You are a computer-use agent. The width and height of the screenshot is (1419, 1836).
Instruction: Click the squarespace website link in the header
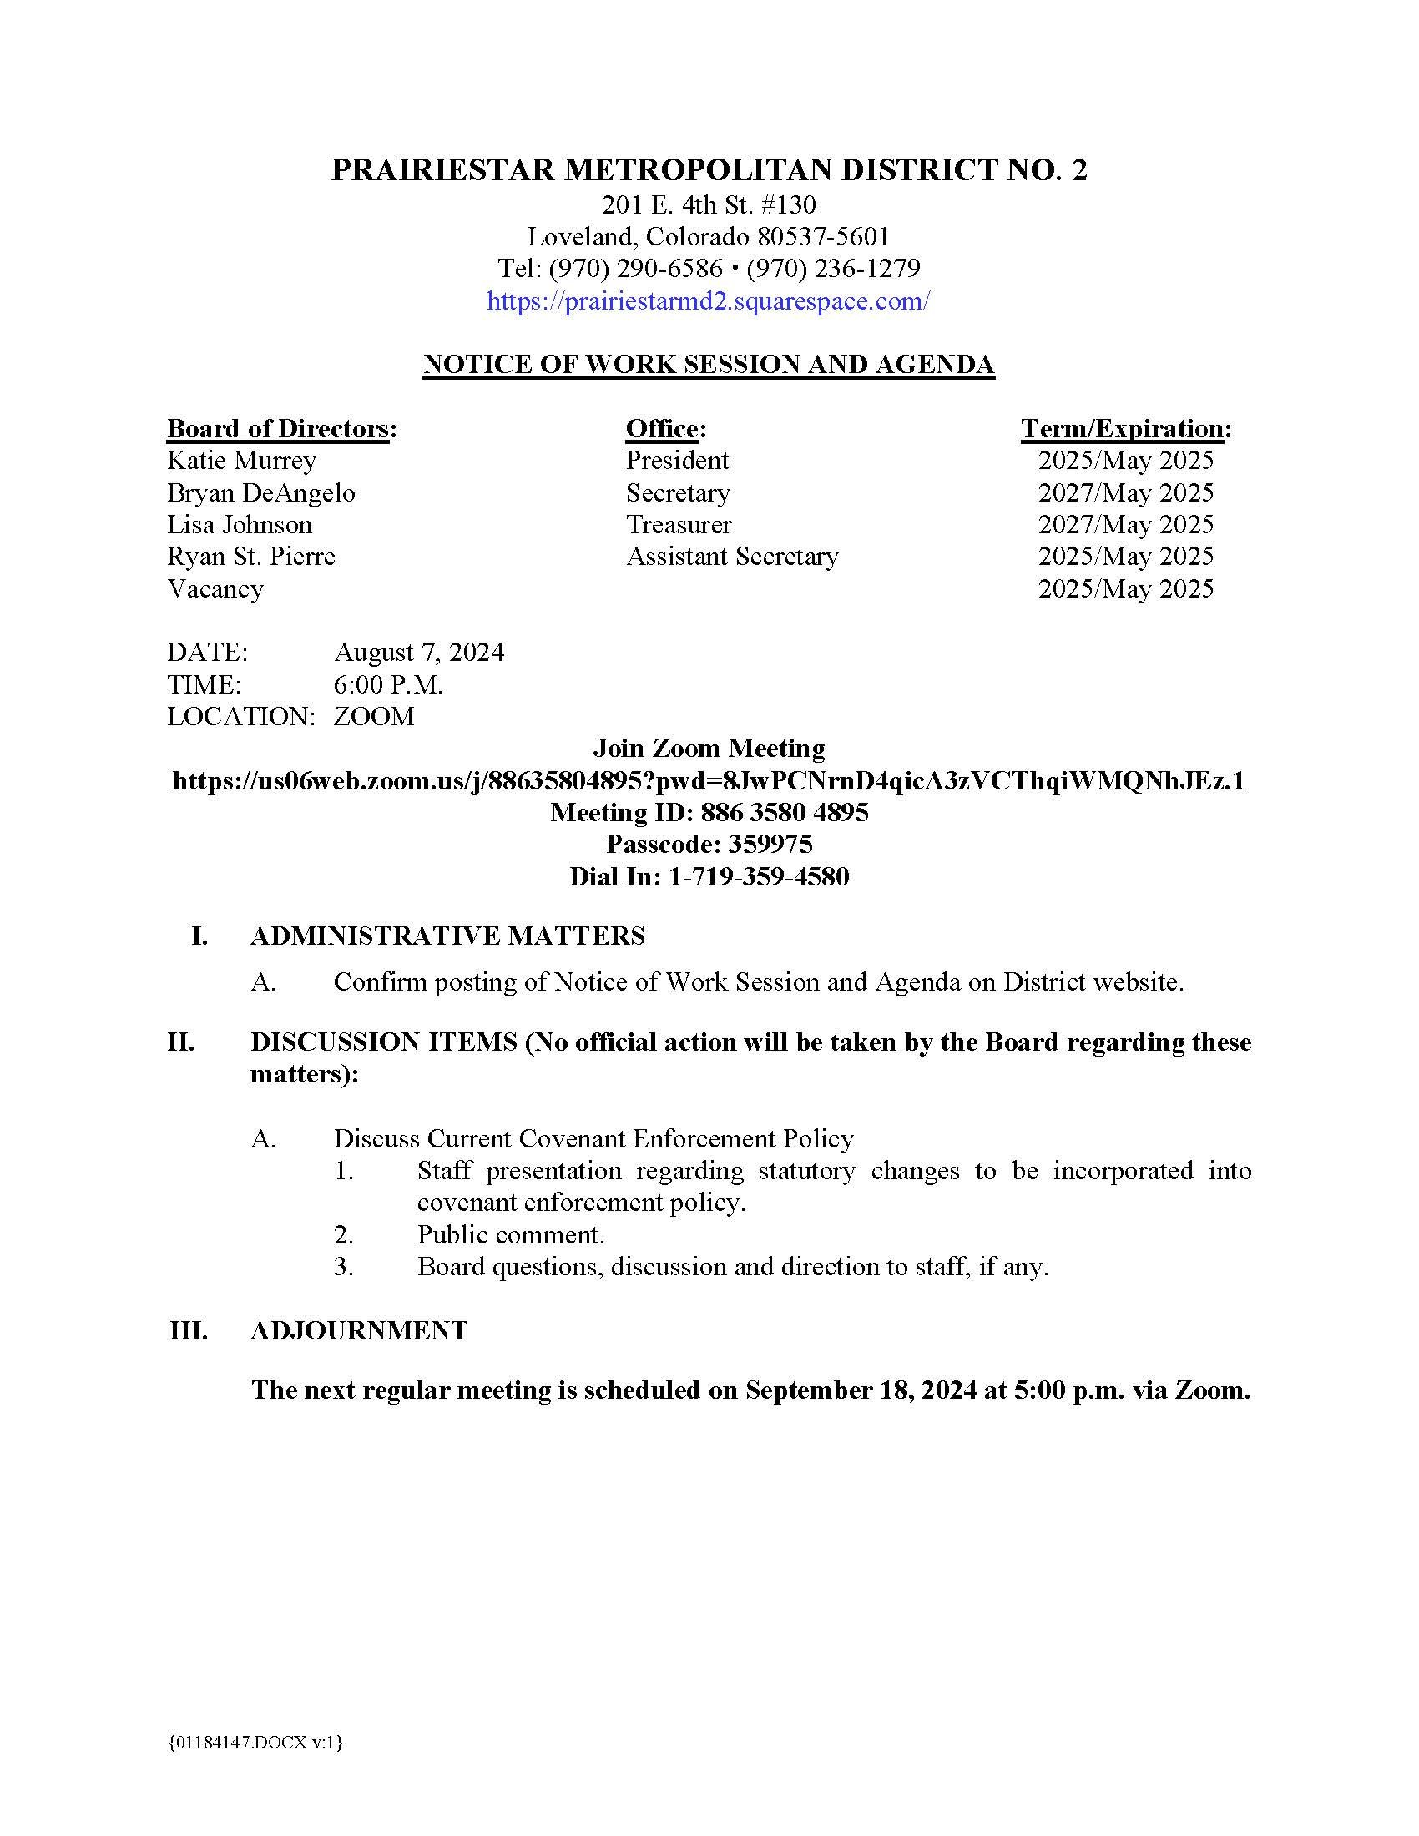click(x=708, y=301)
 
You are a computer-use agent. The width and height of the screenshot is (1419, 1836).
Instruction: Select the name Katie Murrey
click(x=241, y=461)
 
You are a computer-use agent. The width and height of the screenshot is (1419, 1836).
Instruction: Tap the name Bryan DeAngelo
click(x=260, y=492)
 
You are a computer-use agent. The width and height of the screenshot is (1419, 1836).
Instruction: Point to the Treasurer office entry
click(x=679, y=525)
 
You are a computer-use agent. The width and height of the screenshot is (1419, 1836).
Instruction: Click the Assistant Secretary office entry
click(x=732, y=557)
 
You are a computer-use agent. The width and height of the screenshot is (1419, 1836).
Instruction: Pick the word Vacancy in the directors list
click(x=215, y=588)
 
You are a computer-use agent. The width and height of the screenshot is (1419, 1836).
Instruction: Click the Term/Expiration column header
click(x=1126, y=429)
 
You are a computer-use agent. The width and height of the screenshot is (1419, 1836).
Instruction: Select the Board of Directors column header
click(x=281, y=429)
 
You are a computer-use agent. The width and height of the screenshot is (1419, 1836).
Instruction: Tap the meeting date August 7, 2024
click(x=419, y=653)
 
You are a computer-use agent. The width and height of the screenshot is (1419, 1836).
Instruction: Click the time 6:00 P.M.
click(x=387, y=685)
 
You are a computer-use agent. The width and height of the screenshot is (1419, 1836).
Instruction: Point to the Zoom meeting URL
click(x=708, y=781)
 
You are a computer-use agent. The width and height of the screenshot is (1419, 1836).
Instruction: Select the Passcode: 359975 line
click(x=709, y=844)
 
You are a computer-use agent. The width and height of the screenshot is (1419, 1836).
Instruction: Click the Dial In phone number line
click(x=709, y=877)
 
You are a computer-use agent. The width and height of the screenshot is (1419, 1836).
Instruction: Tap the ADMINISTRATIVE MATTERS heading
click(x=447, y=936)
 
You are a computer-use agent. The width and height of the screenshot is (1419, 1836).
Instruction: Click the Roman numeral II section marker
click(x=181, y=1042)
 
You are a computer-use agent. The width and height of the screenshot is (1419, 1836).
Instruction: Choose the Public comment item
click(x=510, y=1234)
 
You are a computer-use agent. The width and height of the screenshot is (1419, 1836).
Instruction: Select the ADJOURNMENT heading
click(x=358, y=1330)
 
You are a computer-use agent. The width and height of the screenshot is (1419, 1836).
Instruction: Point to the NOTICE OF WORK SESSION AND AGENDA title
click(x=708, y=364)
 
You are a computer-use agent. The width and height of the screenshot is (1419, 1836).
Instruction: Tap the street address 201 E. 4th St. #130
click(x=708, y=204)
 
